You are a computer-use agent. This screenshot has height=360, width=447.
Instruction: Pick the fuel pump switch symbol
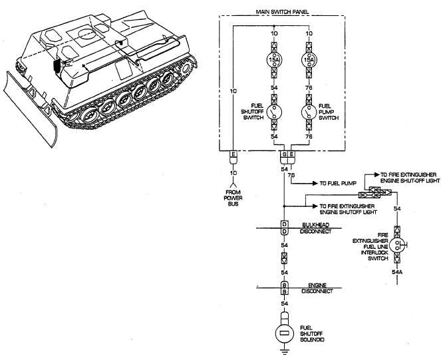[x=307, y=113]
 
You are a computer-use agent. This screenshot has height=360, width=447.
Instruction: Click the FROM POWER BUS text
[x=233, y=198]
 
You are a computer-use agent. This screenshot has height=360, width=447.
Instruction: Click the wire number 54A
[x=397, y=271]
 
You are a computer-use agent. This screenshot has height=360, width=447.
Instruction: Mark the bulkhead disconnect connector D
[x=283, y=227]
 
